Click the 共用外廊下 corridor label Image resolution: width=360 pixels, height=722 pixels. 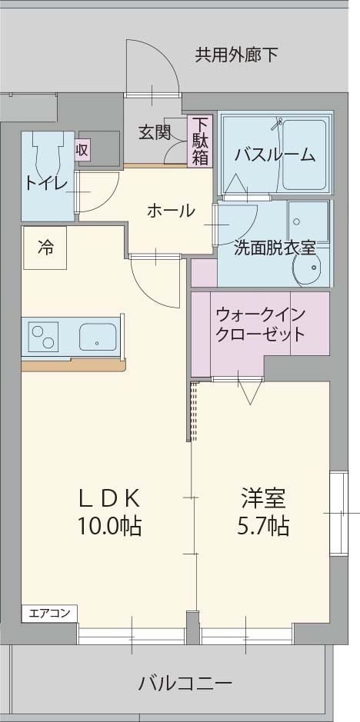(236, 55)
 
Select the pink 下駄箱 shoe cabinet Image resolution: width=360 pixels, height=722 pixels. (200, 141)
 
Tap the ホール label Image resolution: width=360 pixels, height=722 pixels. (170, 210)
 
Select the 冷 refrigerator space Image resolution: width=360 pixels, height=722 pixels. (46, 248)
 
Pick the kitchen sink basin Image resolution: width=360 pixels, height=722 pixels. (97, 336)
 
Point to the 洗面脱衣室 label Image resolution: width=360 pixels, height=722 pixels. (275, 248)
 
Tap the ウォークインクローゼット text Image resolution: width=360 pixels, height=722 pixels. (261, 324)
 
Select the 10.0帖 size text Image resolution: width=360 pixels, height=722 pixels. (108, 527)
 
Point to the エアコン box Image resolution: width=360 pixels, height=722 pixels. (49, 613)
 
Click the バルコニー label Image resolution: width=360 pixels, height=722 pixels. (185, 682)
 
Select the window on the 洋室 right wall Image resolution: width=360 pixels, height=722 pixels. (338, 511)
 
